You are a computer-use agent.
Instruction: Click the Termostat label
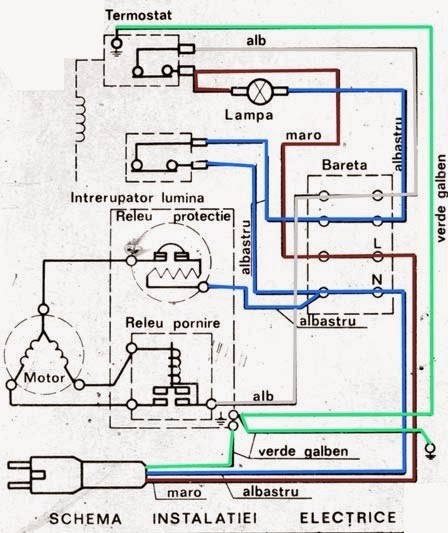[x=138, y=15]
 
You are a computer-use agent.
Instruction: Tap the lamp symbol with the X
[x=260, y=91]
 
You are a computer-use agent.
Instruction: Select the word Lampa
[x=249, y=115]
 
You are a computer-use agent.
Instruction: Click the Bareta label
[x=344, y=165]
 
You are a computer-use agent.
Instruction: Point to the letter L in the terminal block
[x=377, y=243]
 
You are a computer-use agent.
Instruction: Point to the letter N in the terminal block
[x=377, y=280]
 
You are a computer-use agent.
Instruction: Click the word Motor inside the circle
[x=44, y=378]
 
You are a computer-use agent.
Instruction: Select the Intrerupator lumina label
[x=137, y=198]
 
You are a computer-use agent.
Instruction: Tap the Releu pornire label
[x=173, y=323]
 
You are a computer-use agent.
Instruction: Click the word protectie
[x=202, y=217]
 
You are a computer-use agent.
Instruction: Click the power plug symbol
[x=76, y=475]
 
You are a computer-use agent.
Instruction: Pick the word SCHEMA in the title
[x=85, y=519]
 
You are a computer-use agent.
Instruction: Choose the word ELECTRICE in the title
[x=348, y=518]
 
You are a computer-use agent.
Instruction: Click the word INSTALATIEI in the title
[x=205, y=518]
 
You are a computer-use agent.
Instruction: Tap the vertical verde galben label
[x=441, y=198]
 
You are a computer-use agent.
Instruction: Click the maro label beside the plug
[x=184, y=493]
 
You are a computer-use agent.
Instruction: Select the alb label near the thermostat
[x=256, y=41]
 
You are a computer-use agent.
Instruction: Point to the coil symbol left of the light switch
[x=80, y=119]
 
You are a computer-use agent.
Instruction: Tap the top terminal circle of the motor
[x=44, y=310]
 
